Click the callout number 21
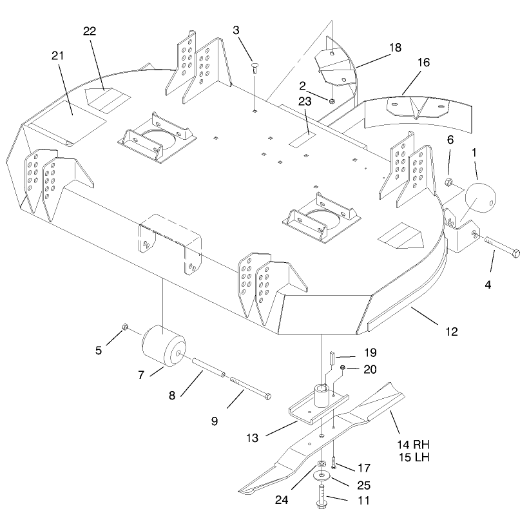coord(57,55)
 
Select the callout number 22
coord(90,31)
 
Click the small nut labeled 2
coord(331,101)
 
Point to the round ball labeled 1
coord(481,198)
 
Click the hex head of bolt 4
coord(515,253)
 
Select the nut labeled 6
coord(448,182)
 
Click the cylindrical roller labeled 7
coord(164,346)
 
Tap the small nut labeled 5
coord(124,327)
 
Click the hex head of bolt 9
coord(268,397)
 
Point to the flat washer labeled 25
coord(322,476)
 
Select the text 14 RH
coord(413,445)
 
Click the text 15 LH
coord(414,457)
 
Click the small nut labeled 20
coord(342,367)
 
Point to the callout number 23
coord(305,102)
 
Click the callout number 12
coord(452,332)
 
